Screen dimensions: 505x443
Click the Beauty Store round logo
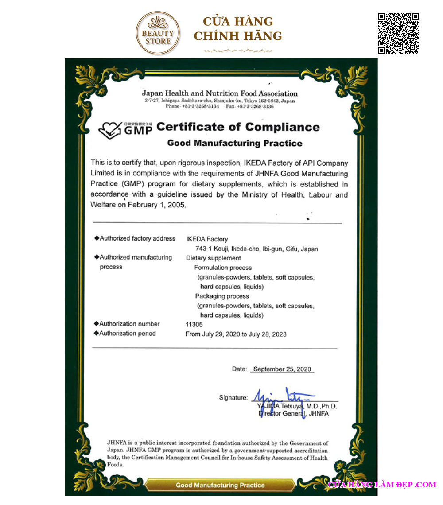(158, 33)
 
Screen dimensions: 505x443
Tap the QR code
(398, 33)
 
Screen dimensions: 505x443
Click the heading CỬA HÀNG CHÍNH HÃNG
(238, 29)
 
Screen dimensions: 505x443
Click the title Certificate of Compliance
(238, 127)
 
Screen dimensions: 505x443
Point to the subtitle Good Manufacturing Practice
(235, 143)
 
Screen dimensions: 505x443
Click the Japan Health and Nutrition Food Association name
(220, 93)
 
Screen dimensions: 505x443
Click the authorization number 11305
(194, 324)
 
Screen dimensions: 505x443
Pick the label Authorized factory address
(137, 238)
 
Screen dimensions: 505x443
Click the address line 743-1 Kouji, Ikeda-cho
(256, 249)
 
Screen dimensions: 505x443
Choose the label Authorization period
(127, 334)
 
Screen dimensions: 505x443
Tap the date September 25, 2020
(282, 369)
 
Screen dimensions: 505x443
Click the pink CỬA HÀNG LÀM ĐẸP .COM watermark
(382, 485)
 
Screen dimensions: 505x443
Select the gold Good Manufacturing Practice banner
(220, 485)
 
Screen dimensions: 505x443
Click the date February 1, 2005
(157, 205)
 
